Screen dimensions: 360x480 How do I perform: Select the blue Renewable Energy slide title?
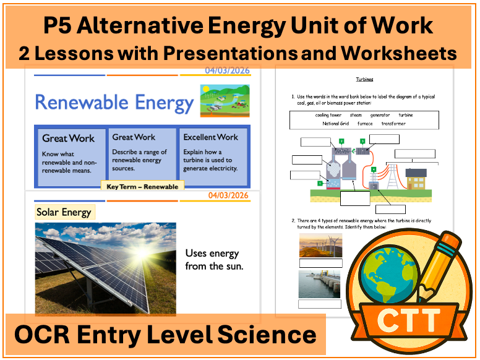click(114, 102)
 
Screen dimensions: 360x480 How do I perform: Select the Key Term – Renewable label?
click(142, 186)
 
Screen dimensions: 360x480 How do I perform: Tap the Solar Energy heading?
click(64, 212)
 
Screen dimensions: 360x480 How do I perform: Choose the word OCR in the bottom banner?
click(41, 335)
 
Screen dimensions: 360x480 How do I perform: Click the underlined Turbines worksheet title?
click(364, 80)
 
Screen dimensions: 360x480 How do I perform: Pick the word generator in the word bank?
click(380, 115)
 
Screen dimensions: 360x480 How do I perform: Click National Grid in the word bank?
click(336, 123)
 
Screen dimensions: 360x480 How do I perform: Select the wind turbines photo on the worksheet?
click(319, 245)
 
